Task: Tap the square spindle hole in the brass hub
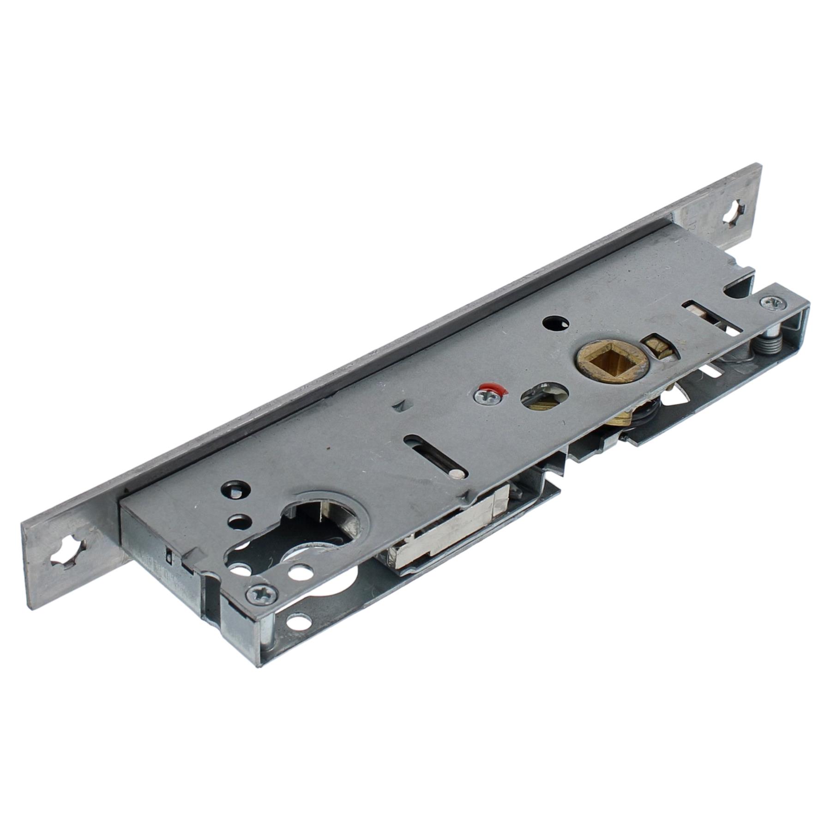599,363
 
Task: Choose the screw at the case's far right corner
771,303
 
